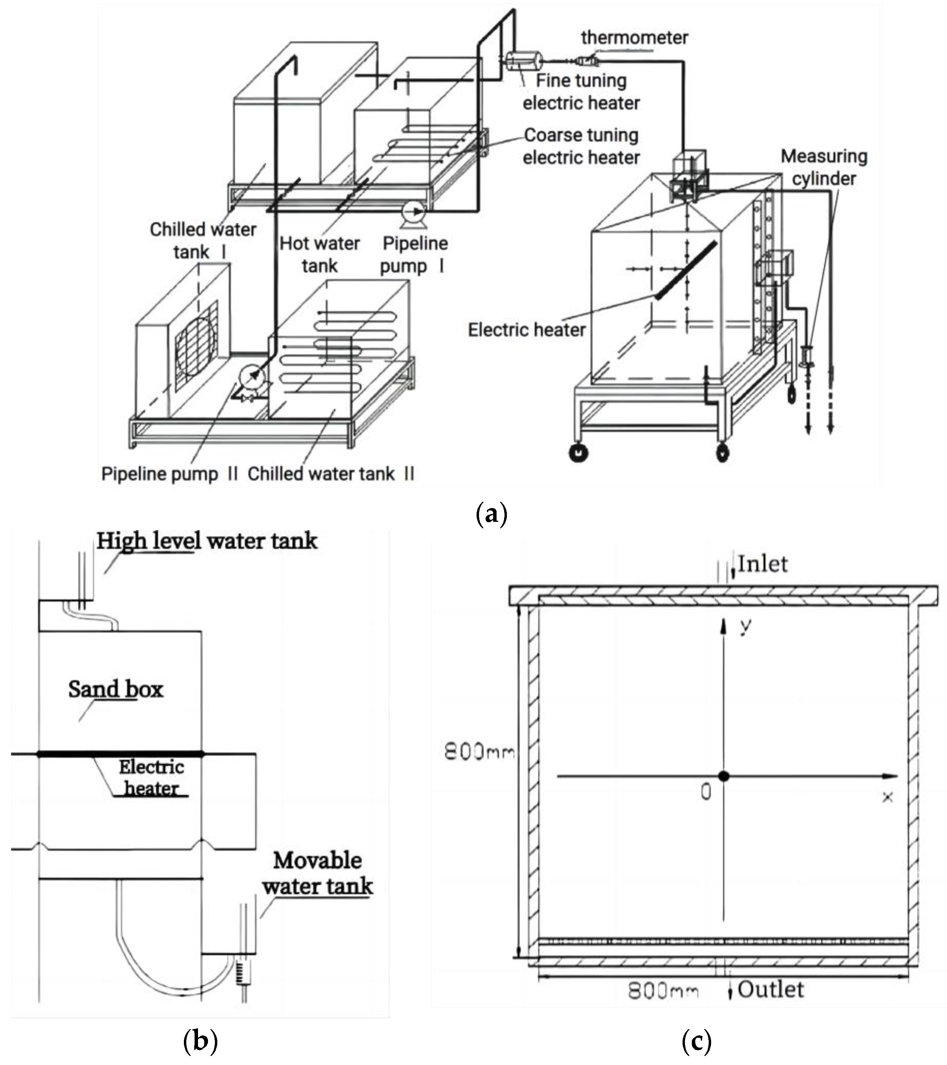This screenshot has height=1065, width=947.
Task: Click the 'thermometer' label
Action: pos(634,37)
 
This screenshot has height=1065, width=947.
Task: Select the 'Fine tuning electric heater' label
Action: pos(581,92)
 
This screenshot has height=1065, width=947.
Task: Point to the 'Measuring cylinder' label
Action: pos(824,167)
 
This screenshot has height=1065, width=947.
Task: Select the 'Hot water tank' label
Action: pos(320,254)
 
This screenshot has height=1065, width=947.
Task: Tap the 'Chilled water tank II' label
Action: pos(331,474)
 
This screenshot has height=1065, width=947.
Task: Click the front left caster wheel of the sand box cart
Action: pos(578,452)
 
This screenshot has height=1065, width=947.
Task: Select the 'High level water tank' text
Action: pos(207,541)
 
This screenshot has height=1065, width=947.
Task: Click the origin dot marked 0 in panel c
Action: pos(723,776)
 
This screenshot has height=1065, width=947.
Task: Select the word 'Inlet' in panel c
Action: pos(762,564)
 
